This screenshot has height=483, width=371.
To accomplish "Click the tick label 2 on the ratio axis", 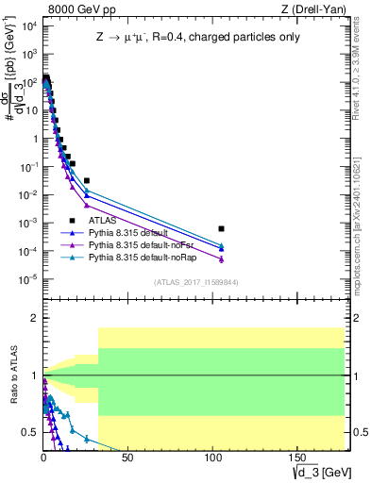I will click(32, 318).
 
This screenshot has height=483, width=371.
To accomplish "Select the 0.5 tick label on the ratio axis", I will click(27, 432).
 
